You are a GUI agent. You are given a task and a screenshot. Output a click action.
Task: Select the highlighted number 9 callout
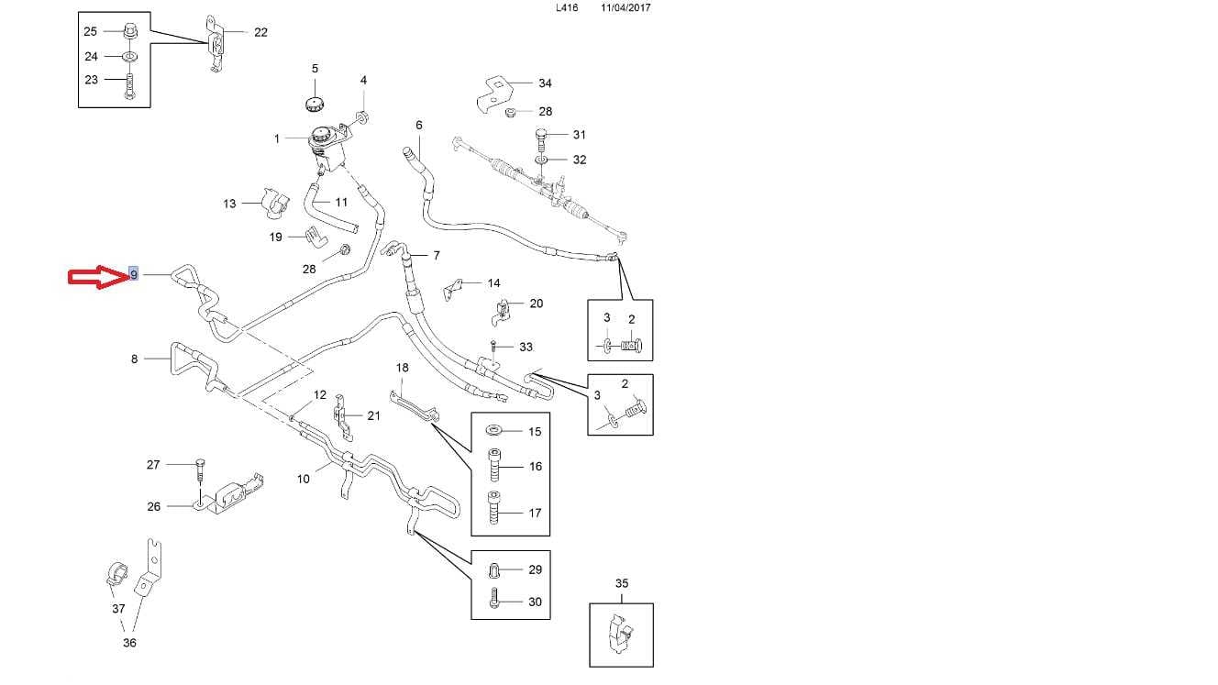click(x=134, y=274)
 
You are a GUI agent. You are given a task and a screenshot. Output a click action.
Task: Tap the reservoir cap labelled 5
click(x=315, y=100)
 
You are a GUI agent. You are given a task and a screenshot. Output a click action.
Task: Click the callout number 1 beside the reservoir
click(x=276, y=139)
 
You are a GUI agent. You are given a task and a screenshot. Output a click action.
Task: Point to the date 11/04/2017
click(x=626, y=7)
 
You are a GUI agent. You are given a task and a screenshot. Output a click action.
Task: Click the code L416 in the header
click(x=568, y=7)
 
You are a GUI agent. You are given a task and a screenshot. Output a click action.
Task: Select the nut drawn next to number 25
click(x=128, y=33)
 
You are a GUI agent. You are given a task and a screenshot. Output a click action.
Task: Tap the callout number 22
click(x=260, y=32)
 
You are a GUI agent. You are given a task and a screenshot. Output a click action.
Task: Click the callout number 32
click(x=579, y=160)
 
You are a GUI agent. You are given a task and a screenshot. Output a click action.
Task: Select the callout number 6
click(x=419, y=125)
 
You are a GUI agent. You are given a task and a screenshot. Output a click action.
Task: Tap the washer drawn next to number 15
click(x=494, y=431)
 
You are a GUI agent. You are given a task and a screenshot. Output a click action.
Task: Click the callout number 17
click(x=535, y=513)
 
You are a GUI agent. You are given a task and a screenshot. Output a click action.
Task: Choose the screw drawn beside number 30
click(x=494, y=602)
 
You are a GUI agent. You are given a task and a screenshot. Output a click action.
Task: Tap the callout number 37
click(x=118, y=609)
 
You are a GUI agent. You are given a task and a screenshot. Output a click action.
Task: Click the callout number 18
click(x=402, y=368)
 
